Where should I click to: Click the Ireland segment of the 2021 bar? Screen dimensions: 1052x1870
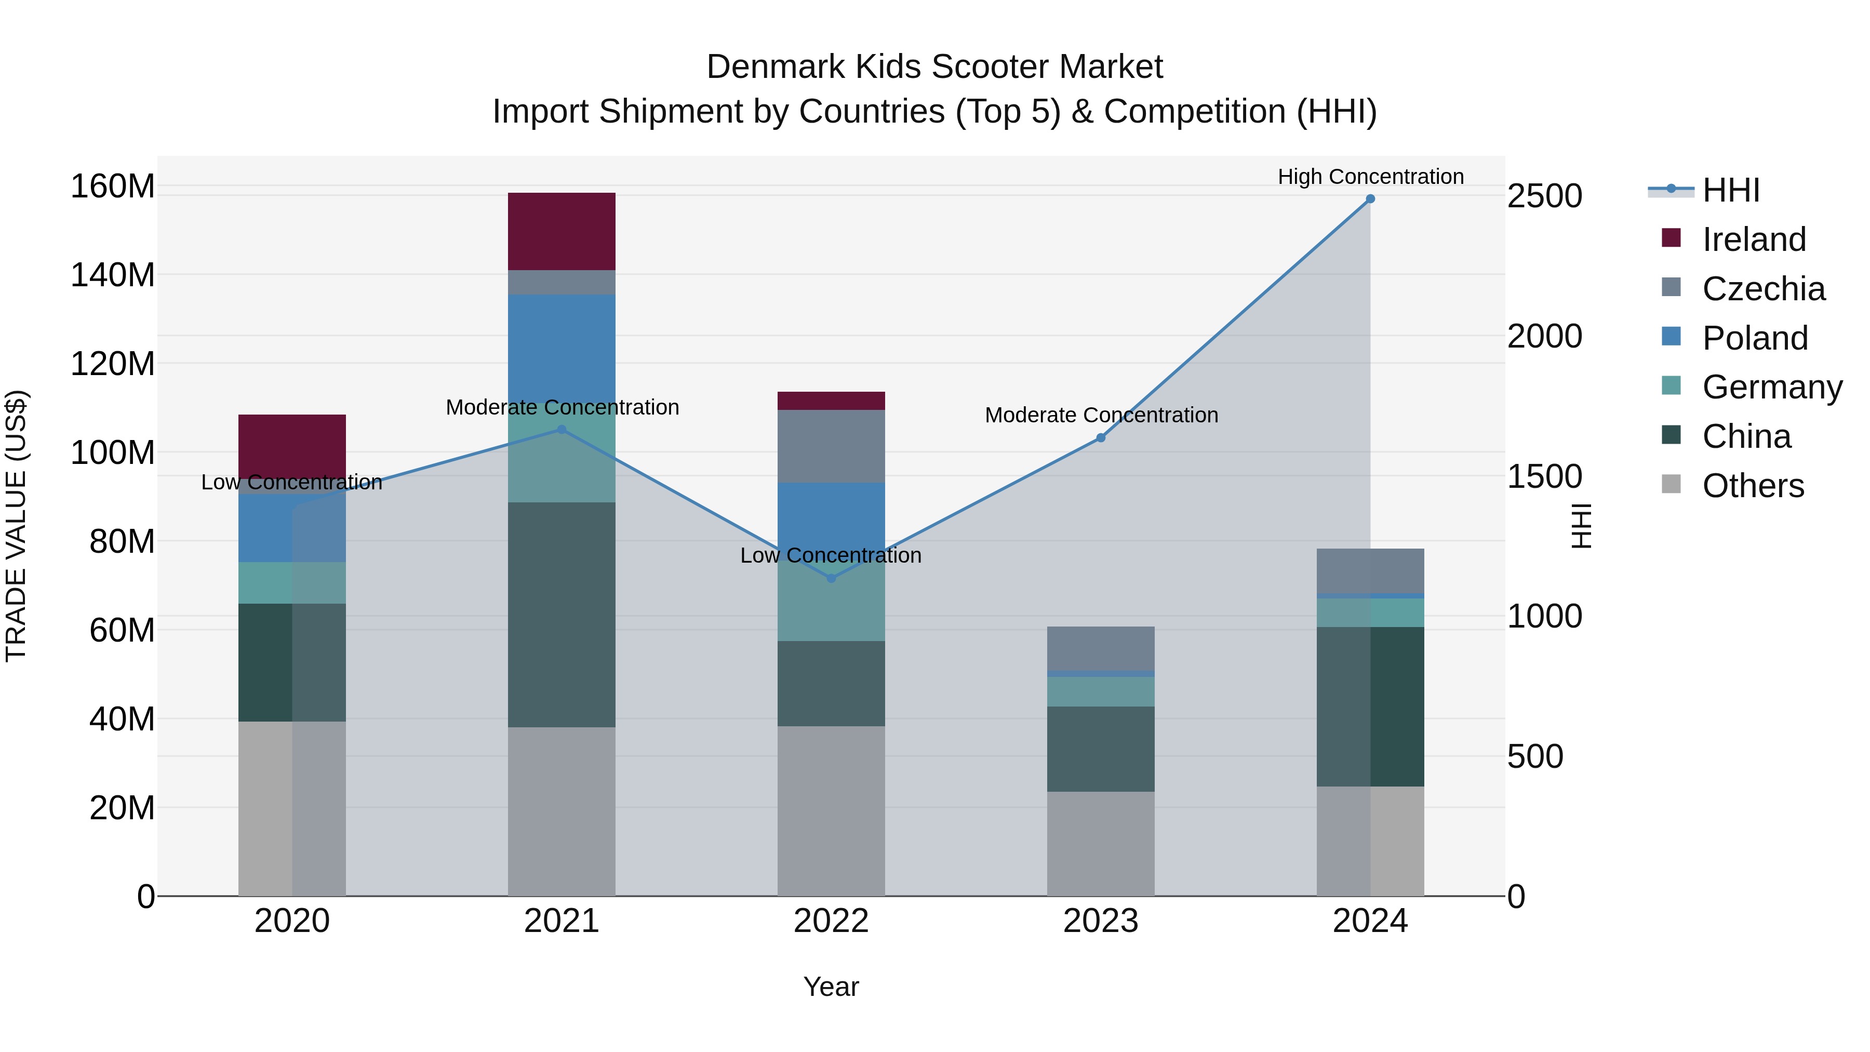point(561,231)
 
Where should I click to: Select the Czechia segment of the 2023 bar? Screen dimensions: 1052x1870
point(1101,648)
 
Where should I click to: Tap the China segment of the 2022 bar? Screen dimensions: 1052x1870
point(831,683)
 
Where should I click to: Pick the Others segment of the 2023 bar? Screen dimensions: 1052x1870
point(1101,843)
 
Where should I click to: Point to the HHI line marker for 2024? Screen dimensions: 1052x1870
point(1370,199)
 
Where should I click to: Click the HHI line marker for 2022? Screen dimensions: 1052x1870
point(831,578)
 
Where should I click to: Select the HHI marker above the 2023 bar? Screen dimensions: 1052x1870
point(1101,438)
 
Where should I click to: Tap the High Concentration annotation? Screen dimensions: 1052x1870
point(1370,177)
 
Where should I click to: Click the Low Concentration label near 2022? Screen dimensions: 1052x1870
point(831,555)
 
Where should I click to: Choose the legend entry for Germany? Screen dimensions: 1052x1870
point(1771,387)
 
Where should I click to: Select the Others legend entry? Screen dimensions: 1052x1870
point(1753,486)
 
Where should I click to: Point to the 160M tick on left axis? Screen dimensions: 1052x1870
point(113,187)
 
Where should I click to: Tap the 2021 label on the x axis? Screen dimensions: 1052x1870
point(561,921)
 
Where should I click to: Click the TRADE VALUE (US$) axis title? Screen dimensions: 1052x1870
point(16,526)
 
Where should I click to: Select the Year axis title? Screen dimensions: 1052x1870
point(831,987)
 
